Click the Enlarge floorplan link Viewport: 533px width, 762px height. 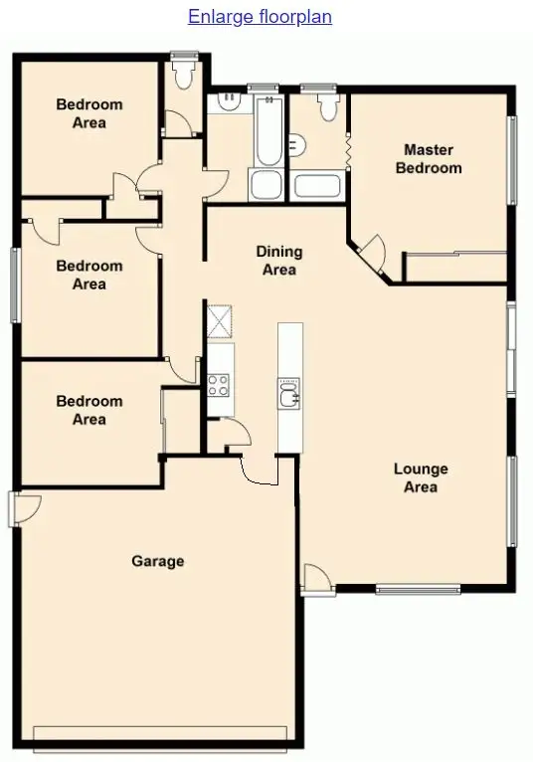[x=260, y=17]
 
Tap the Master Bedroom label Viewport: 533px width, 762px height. [x=429, y=159]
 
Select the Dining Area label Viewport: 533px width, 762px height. [x=278, y=261]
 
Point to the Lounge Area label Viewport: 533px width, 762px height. [x=421, y=477]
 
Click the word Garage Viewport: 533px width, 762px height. [x=158, y=561]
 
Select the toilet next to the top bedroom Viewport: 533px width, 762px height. [x=182, y=73]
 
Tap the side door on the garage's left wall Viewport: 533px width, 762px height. [x=17, y=508]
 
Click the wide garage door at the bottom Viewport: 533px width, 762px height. [x=160, y=737]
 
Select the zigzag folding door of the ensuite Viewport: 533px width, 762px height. [x=348, y=151]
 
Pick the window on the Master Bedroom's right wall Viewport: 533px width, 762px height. [x=513, y=160]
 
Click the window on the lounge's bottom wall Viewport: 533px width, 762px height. [x=418, y=589]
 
